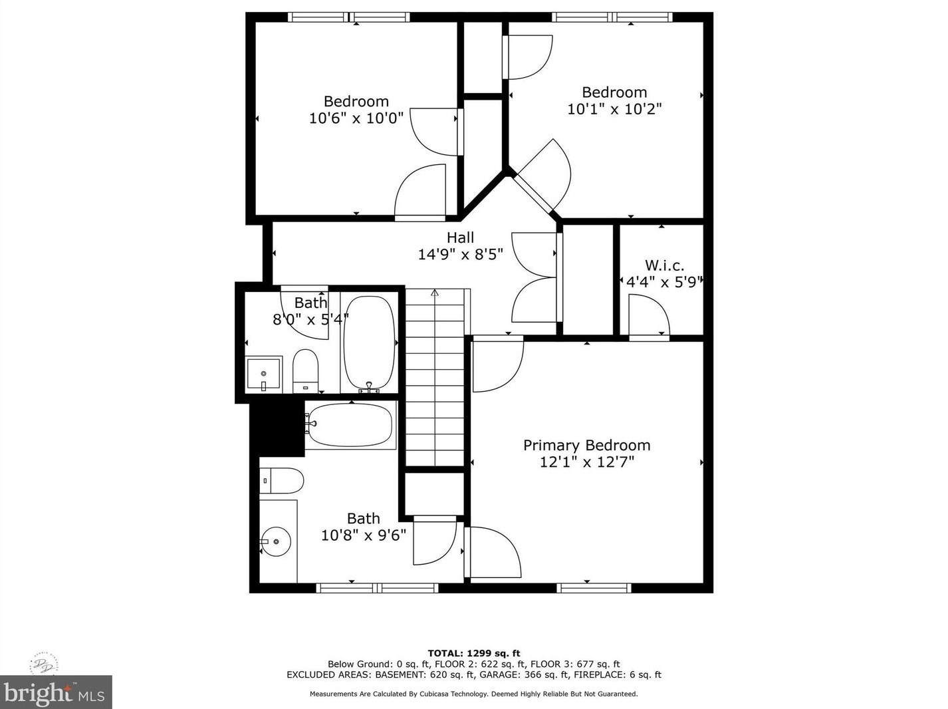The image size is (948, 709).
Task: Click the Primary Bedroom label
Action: (586, 445)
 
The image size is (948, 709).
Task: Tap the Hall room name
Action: (460, 237)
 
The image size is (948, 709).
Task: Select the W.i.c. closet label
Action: (664, 265)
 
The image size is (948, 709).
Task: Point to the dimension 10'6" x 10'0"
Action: (356, 118)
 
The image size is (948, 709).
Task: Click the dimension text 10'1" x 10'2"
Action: (614, 109)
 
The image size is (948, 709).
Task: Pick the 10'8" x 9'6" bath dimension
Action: (364, 535)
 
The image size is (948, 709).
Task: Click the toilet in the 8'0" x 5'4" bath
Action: (306, 370)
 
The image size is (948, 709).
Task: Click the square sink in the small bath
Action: (264, 374)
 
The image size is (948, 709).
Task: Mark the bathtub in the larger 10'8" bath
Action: (350, 424)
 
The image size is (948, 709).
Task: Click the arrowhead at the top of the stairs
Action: (435, 292)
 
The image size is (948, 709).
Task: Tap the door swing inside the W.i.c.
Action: (649, 316)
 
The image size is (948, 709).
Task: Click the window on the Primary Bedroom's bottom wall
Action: (594, 587)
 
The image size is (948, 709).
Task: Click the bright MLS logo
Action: (56, 692)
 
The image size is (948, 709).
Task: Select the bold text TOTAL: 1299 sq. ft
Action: (473, 653)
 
